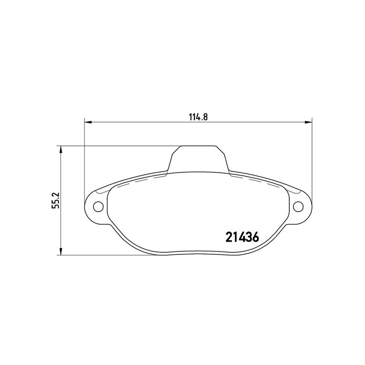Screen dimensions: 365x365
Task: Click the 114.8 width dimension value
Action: pos(198,117)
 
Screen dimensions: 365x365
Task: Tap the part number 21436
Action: pos(242,237)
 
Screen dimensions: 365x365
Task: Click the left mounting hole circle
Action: pos(98,206)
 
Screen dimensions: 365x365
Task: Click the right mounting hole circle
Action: pos(298,206)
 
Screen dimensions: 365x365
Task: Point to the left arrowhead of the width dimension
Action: pos(88,122)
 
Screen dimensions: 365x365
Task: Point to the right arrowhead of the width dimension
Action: pos(308,122)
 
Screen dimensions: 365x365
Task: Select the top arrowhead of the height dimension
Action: pos(61,150)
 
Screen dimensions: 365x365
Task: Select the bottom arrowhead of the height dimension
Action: pos(61,251)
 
